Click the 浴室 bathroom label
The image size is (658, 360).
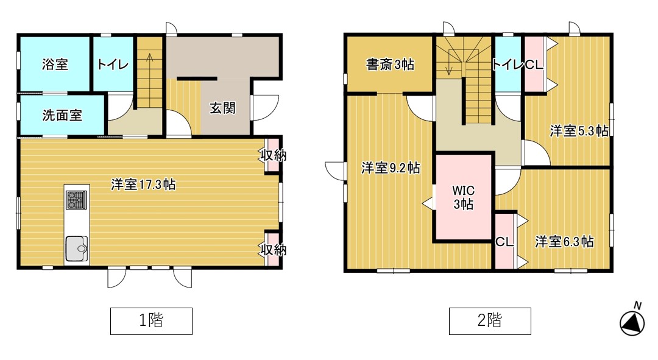pyautogui.click(x=55, y=64)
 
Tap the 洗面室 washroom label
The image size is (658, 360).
pyautogui.click(x=62, y=115)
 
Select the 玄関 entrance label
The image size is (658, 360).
pyautogui.click(x=222, y=108)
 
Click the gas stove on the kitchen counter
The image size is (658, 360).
pyautogui.click(x=76, y=200)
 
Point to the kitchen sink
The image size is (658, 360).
pyautogui.click(x=76, y=249)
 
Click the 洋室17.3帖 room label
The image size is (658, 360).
pyautogui.click(x=143, y=184)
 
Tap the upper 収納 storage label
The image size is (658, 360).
pyautogui.click(x=274, y=155)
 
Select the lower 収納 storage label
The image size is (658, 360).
pyautogui.click(x=274, y=250)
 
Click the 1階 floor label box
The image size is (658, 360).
pyautogui.click(x=151, y=321)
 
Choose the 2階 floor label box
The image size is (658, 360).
pyautogui.click(x=490, y=321)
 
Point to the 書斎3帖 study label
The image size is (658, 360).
pyautogui.click(x=391, y=64)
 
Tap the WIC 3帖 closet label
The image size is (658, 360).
pyautogui.click(x=463, y=197)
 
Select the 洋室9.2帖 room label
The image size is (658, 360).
pyautogui.click(x=391, y=168)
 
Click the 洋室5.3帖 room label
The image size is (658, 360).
pyautogui.click(x=579, y=131)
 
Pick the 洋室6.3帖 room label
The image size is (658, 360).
pyautogui.click(x=564, y=242)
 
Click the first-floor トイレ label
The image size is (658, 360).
pyautogui.click(x=113, y=64)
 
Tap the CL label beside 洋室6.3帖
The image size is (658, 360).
pyautogui.click(x=504, y=242)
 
